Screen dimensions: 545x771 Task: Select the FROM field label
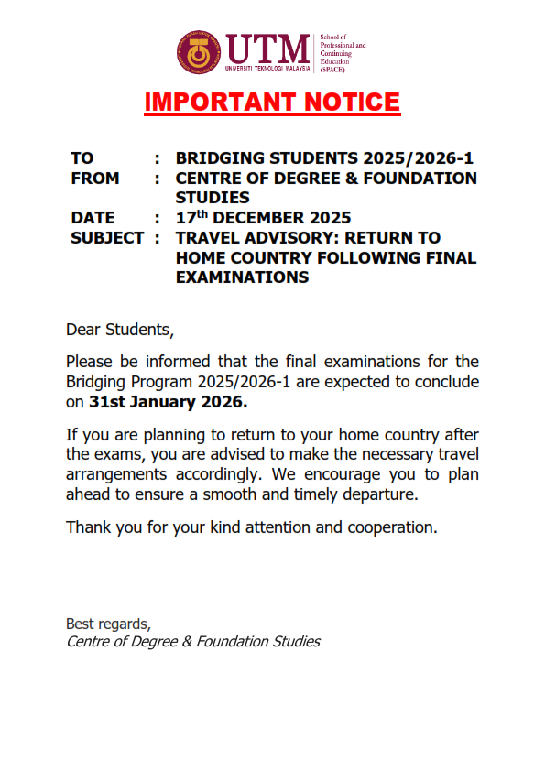point(94,178)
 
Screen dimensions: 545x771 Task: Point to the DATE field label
point(93,218)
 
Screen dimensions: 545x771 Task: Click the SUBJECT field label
point(106,238)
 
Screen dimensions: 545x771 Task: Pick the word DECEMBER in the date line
point(261,218)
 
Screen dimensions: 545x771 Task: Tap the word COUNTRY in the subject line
point(280,258)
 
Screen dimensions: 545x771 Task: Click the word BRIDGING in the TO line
point(220,158)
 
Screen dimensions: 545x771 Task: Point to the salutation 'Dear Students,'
point(119,329)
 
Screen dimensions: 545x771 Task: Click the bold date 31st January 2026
point(168,402)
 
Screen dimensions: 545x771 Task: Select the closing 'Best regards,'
point(107,624)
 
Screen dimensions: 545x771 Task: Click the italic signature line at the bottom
point(193,641)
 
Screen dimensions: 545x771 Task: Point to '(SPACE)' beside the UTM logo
point(332,69)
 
